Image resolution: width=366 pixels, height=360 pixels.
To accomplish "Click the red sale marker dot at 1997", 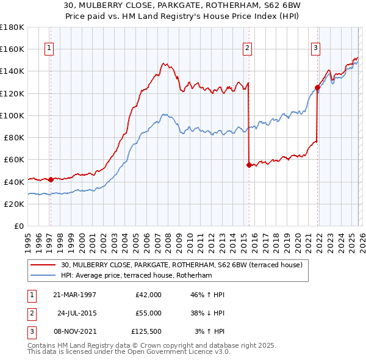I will (51, 179).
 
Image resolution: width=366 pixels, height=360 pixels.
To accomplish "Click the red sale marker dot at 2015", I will (249, 165).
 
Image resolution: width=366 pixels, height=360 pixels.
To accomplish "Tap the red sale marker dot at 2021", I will (317, 87).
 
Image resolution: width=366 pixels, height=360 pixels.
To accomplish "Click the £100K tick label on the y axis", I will (12, 115).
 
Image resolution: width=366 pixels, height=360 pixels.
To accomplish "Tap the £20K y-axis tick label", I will (13, 204).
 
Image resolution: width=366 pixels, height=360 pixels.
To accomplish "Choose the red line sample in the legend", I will (44, 265).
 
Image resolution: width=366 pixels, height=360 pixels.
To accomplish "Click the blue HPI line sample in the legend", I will (44, 276).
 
